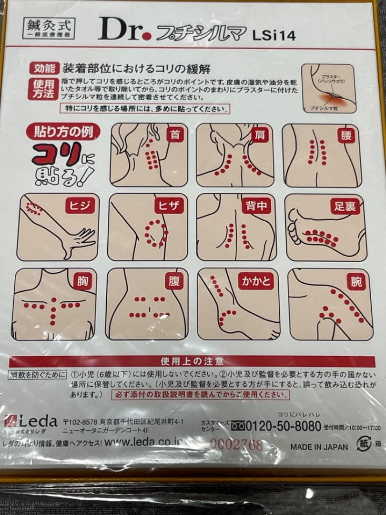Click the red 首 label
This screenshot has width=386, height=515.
click(175, 135)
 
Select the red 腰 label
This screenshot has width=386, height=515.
click(346, 135)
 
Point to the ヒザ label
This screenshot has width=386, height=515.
click(169, 206)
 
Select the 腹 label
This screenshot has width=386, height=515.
click(174, 281)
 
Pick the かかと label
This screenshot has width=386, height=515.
click(255, 281)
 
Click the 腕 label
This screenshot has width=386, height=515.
click(357, 281)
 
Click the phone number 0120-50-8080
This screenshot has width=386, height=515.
click(278, 426)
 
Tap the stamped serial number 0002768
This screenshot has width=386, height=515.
click(236, 445)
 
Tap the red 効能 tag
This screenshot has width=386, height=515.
click(45, 68)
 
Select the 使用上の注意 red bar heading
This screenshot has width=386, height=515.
click(192, 361)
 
